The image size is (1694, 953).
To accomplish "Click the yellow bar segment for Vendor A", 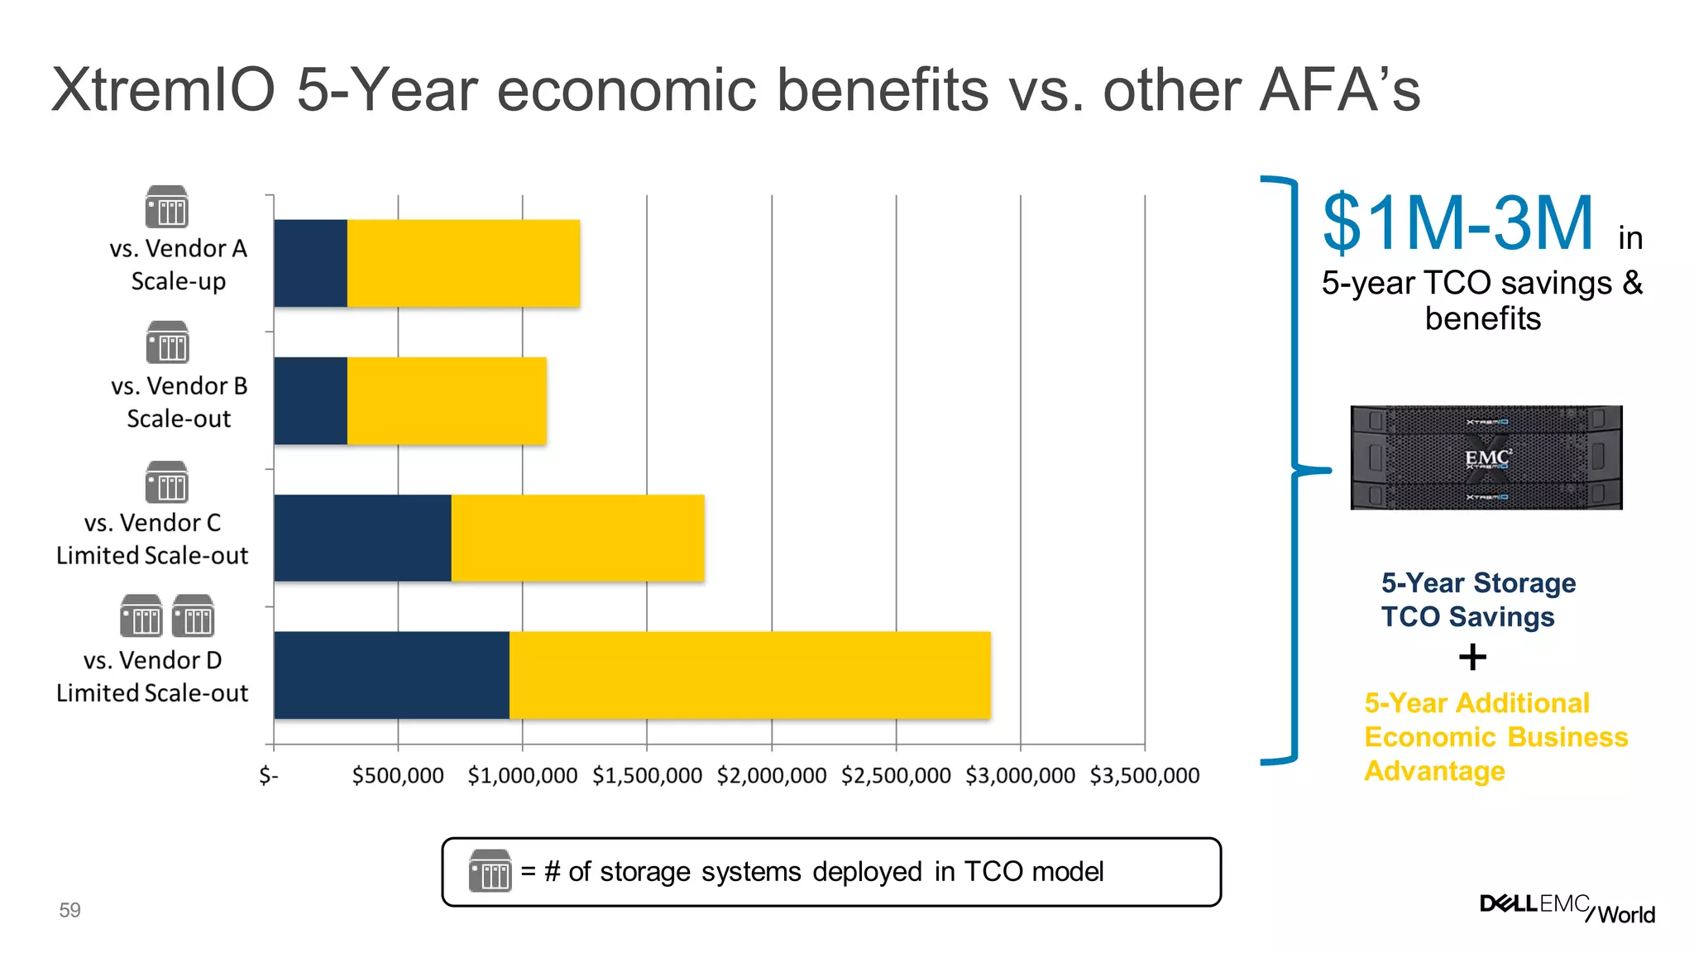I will coord(463,263).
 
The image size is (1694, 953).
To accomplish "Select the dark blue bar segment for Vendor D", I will coord(391,675).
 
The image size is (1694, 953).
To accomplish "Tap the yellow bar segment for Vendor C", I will coord(577,538).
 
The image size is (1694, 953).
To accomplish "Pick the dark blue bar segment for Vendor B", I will coord(310,400).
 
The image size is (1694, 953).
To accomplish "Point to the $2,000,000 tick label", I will coord(771,775).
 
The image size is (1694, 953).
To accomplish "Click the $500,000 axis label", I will coord(398,775).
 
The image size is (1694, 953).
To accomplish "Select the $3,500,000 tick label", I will coord(1144,775).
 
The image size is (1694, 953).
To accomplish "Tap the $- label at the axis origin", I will coord(268,775).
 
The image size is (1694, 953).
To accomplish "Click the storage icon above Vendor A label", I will coord(167,207).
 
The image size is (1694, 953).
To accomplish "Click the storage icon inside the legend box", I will coord(490,870).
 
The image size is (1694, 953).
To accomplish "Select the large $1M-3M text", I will coord(1457,223).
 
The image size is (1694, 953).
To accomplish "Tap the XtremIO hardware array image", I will coord(1486,457).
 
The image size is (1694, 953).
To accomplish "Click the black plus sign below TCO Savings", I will coord(1471,658).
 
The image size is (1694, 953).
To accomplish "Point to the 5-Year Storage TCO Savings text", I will coord(1477,600).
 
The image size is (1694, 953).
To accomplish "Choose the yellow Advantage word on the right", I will coord(1434,771).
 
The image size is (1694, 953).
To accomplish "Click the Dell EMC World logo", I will coord(1567,908).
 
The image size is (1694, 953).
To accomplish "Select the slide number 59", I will coord(69,910).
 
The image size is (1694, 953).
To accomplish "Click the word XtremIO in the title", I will coord(163,89).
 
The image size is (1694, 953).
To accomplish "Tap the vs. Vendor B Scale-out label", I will coord(179,402).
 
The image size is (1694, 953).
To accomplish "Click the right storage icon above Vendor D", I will coord(193,616).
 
